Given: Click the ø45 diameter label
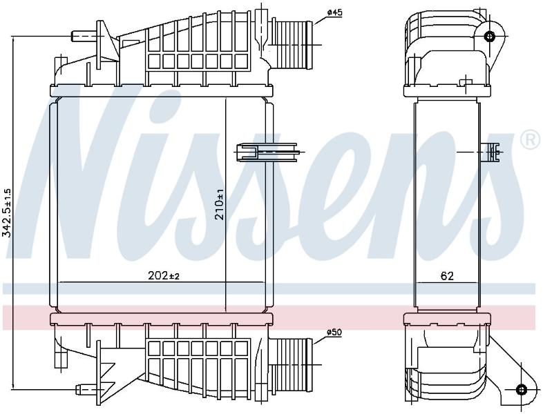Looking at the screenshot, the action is [x=334, y=13].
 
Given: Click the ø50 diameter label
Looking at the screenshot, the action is [x=334, y=333].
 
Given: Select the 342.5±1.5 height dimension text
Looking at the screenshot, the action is [x=7, y=213].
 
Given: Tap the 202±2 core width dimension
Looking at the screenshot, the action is [x=164, y=275].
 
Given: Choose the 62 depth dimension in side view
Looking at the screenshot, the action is [x=447, y=275].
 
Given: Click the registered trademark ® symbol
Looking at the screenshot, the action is [x=531, y=140].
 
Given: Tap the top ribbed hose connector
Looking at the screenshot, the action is [x=294, y=44].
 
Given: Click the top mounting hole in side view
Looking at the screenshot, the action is [x=489, y=36].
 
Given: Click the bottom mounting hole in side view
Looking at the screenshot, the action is [x=521, y=389].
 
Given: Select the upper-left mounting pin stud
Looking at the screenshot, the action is [x=84, y=36].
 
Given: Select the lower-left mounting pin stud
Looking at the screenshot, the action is [x=87, y=389].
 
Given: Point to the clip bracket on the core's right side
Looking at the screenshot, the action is [x=267, y=152].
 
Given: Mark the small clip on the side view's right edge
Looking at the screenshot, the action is [x=493, y=152].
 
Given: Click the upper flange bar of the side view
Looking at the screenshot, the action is [x=448, y=90].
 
